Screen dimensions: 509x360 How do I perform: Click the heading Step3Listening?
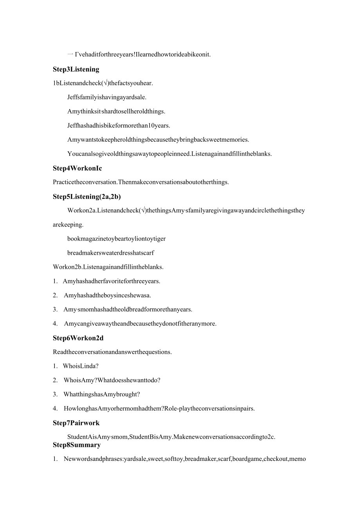click(76, 69)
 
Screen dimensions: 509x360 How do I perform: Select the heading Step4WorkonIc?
click(77, 168)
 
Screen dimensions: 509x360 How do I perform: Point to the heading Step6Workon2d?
click(78, 338)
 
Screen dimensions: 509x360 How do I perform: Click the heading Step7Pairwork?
click(76, 423)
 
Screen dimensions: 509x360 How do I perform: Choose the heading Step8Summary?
click(77, 445)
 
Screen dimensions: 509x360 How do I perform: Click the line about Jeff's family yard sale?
click(107, 97)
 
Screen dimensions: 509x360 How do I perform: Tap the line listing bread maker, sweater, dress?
click(111, 253)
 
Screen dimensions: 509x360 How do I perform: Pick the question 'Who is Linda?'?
click(81, 366)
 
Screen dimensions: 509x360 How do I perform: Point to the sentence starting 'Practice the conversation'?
click(140, 182)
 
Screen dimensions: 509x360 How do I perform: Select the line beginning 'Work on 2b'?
click(108, 267)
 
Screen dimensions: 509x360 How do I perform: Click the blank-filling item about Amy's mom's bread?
click(128, 309)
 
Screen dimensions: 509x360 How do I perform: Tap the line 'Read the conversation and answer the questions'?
click(112, 352)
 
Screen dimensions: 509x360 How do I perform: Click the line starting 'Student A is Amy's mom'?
click(171, 437)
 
